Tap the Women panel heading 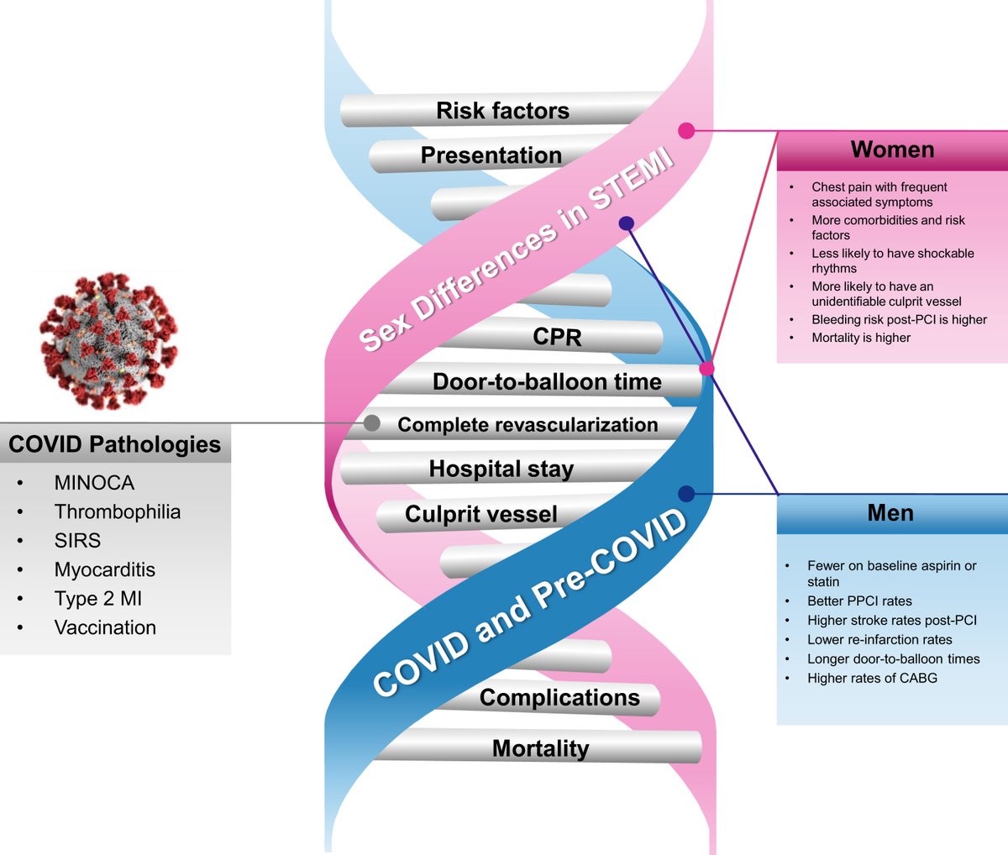[x=892, y=150]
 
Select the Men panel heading [x=890, y=513]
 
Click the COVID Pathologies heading [x=115, y=444]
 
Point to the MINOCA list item [x=94, y=483]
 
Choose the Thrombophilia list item [x=118, y=511]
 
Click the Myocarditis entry [x=105, y=569]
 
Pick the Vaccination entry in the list [x=105, y=627]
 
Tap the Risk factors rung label [x=502, y=111]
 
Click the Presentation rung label [x=491, y=155]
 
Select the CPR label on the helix [x=557, y=337]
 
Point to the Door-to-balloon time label [x=547, y=381]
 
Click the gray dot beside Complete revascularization [x=371, y=422]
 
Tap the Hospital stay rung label [x=501, y=469]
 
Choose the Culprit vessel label [x=481, y=514]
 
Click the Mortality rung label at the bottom [x=540, y=748]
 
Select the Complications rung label [x=559, y=697]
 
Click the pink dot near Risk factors [x=686, y=130]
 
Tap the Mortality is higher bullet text [x=861, y=338]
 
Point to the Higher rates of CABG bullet [x=872, y=678]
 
